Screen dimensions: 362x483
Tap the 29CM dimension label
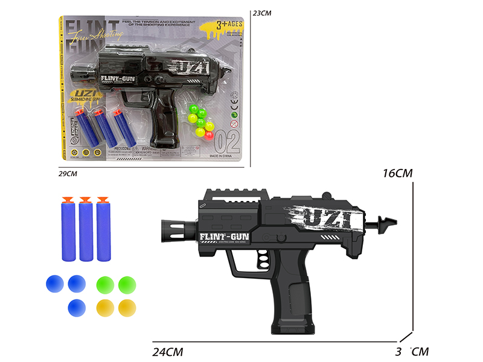click(x=68, y=174)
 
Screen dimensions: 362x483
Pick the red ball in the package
click(x=210, y=134)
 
